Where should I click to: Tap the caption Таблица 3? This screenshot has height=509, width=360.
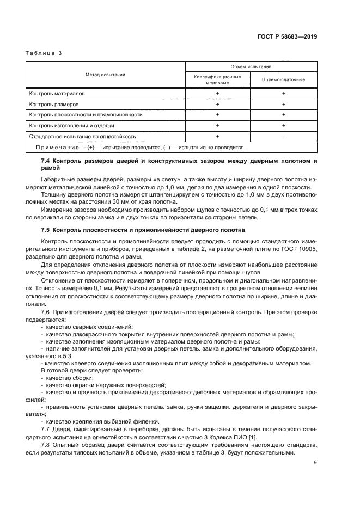[x=44, y=53]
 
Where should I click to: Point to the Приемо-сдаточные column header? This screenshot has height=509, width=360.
[x=283, y=79]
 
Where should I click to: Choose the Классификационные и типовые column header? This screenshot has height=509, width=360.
[x=217, y=79]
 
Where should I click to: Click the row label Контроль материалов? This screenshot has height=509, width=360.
[x=57, y=94]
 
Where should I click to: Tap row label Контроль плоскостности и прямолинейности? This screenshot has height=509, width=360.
[x=86, y=115]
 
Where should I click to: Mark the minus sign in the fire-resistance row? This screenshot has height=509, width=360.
[x=284, y=136]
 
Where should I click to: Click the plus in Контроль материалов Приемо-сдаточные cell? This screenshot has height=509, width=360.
[x=284, y=94]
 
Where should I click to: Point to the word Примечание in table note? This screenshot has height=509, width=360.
[x=53, y=146]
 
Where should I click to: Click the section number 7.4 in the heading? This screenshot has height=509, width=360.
[x=46, y=162]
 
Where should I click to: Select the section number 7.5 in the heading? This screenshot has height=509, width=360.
[x=46, y=230]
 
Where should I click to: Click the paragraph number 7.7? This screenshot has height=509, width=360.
[x=46, y=430]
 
